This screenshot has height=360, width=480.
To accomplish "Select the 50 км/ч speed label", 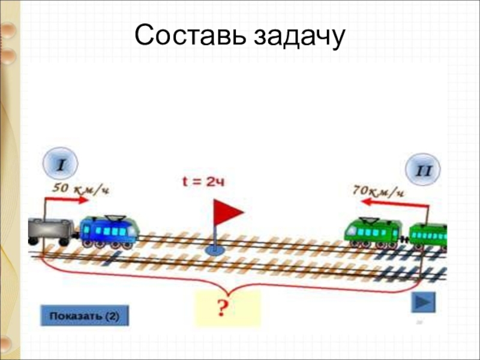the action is [81, 188].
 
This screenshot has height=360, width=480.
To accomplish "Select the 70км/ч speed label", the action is [379, 192].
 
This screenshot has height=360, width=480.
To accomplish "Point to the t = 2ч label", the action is [206, 181].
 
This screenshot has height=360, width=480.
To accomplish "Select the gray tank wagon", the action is [50, 230].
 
